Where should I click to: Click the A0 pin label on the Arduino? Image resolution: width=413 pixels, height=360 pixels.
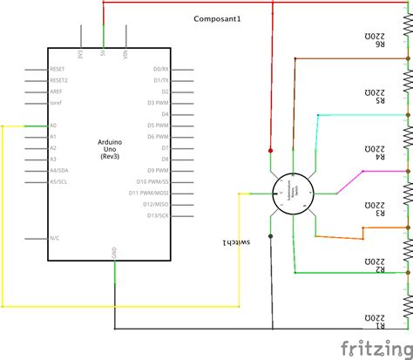[53, 126]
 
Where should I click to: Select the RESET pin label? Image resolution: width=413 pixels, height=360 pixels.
[58, 68]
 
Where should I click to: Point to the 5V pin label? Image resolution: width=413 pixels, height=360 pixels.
[105, 54]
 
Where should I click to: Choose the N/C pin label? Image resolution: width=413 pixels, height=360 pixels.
[55, 237]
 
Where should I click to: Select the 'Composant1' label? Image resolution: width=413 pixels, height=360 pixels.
[218, 18]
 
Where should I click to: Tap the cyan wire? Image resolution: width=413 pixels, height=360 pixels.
[349, 115]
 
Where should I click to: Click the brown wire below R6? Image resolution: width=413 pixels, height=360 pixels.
[349, 59]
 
